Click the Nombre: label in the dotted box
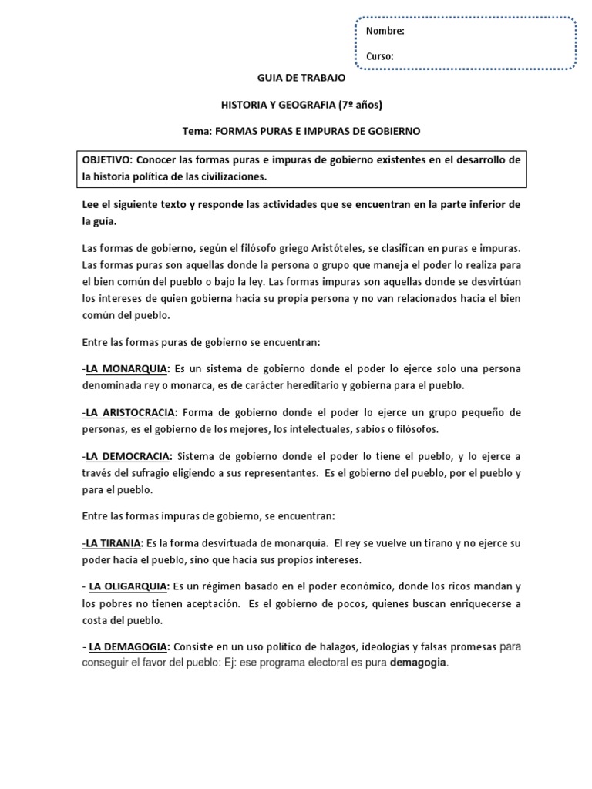(385, 32)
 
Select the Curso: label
(380, 56)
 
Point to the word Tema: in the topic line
(196, 131)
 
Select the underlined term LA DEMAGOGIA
(129, 646)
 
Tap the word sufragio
(170, 473)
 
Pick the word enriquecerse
(472, 604)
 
